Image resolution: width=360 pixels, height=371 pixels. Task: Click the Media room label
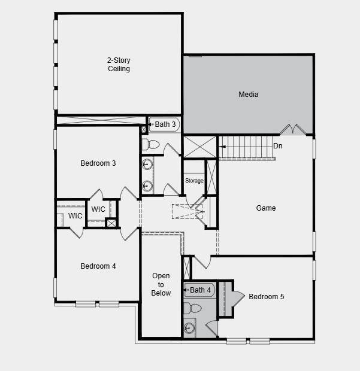pyautogui.click(x=248, y=95)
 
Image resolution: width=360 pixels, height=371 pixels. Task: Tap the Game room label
pyautogui.click(x=266, y=208)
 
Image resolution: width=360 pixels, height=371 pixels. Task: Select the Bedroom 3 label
pyautogui.click(x=98, y=163)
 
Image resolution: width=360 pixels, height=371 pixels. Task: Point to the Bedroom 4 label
pyautogui.click(x=98, y=266)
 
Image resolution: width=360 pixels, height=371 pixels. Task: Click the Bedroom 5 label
pyautogui.click(x=266, y=296)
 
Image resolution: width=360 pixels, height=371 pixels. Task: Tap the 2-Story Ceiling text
pyautogui.click(x=119, y=65)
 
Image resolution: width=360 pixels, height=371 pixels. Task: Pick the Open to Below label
pyautogui.click(x=161, y=284)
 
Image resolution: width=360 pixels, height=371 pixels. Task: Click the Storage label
pyautogui.click(x=194, y=181)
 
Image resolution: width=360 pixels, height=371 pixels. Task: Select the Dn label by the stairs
pyautogui.click(x=277, y=146)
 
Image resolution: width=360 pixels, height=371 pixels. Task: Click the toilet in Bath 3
pyautogui.click(x=150, y=144)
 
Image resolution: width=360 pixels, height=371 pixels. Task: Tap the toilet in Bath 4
pyautogui.click(x=192, y=308)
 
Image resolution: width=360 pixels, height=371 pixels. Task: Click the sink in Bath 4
pyautogui.click(x=189, y=328)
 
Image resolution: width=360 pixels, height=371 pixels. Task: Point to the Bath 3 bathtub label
pyautogui.click(x=165, y=124)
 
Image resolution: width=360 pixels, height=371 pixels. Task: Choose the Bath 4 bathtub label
pyautogui.click(x=200, y=290)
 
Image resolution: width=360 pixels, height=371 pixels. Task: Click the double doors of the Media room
pyautogui.click(x=293, y=129)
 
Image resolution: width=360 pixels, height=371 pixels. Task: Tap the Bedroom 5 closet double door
pyautogui.click(x=238, y=298)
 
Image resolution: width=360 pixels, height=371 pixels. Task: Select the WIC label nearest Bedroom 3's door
pyautogui.click(x=98, y=209)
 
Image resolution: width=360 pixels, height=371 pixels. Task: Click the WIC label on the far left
pyautogui.click(x=75, y=216)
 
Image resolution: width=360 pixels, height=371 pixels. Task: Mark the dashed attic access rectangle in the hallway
pyautogui.click(x=187, y=211)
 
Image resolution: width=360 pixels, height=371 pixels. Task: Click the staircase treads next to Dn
pyautogui.click(x=246, y=147)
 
